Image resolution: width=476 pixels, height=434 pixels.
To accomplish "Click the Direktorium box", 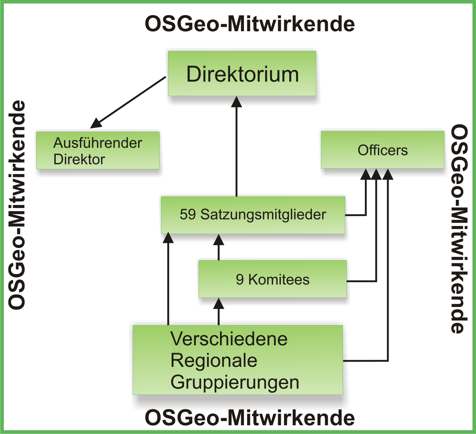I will click(242, 74).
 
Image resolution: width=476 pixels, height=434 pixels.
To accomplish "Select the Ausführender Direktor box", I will click(98, 150).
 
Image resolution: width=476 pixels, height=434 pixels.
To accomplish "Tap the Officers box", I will click(382, 150).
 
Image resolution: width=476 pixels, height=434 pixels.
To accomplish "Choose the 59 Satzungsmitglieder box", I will click(253, 215).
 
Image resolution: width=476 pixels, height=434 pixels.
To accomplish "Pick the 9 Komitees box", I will click(272, 279).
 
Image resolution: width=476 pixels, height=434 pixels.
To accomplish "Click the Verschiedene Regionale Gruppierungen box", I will click(237, 360).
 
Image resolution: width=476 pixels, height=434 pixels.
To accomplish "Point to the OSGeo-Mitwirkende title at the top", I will click(250, 24).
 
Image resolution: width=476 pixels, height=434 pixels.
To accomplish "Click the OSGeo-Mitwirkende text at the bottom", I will click(250, 418).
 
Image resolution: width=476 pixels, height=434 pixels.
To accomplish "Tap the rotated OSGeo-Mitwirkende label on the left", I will click(17, 205).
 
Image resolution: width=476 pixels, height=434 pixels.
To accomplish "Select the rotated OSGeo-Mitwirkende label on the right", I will click(459, 228).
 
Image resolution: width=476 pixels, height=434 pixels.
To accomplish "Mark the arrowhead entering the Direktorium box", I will click(236, 101).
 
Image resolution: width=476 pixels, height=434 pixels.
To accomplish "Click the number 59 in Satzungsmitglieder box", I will click(187, 215).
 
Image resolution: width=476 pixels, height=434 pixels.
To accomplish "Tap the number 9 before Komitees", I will click(240, 279).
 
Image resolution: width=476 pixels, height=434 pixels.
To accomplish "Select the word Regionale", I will click(214, 360).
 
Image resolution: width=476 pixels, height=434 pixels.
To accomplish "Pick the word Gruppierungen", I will click(234, 382).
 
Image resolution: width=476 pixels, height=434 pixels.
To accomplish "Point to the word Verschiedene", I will click(229, 339).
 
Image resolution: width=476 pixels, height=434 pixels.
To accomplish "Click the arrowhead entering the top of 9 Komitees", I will click(219, 240).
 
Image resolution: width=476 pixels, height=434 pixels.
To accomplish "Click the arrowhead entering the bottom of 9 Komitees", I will click(219, 304).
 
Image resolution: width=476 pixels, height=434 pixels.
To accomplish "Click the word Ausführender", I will click(97, 143).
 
